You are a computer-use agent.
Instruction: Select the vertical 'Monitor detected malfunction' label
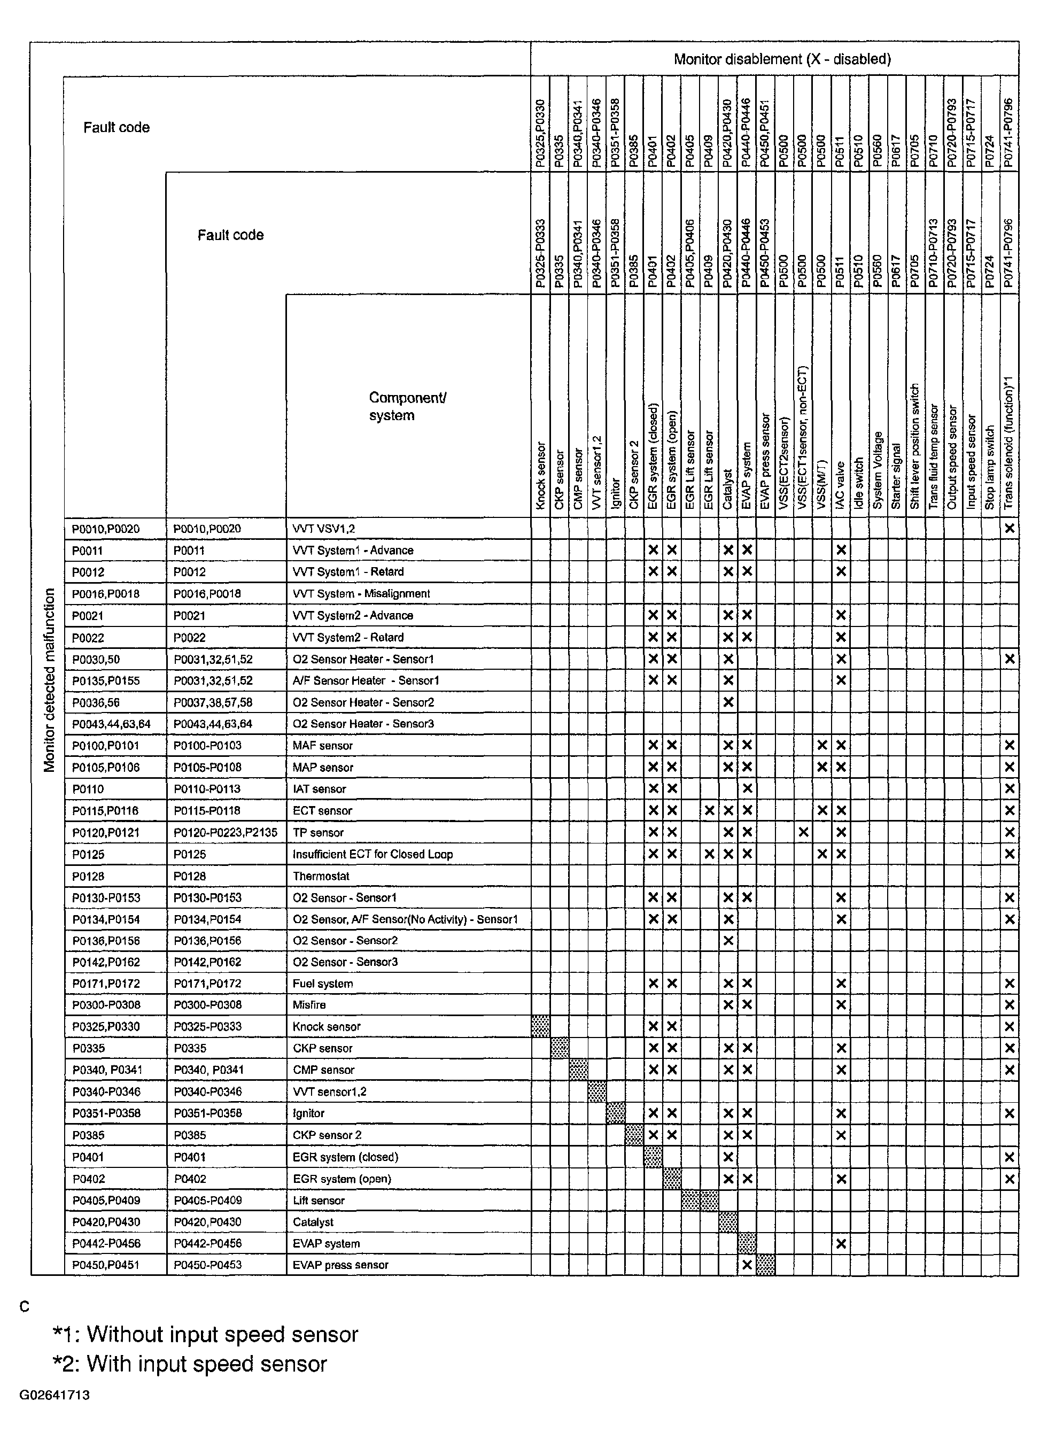point(50,679)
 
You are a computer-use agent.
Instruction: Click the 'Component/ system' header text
point(407,406)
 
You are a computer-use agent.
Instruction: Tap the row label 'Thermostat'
point(321,876)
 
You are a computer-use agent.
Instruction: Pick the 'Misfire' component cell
point(309,1005)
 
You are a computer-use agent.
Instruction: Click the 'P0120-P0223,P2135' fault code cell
point(226,832)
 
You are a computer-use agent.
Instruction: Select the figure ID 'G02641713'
point(55,1396)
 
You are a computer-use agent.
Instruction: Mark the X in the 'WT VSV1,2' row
point(1010,528)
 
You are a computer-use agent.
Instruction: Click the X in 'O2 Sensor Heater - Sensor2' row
point(728,702)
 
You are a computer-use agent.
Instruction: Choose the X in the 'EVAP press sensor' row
point(747,1265)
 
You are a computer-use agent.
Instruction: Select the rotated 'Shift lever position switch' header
point(915,446)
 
